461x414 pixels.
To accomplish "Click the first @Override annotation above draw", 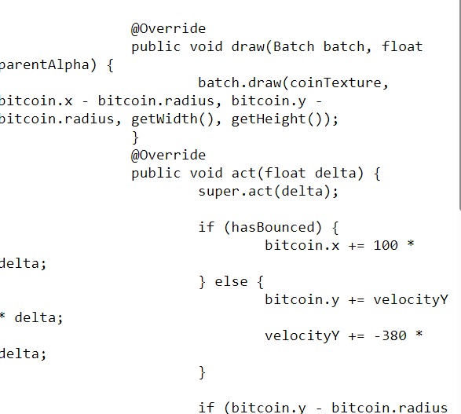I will pos(168,29).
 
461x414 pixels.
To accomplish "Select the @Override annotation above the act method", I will pos(168,155).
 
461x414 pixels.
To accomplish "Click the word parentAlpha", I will pos(46,65).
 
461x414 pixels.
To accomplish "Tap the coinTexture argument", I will pos(344,83).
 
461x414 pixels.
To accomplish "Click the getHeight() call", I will pos(282,119).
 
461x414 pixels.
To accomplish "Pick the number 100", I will pos(386,246).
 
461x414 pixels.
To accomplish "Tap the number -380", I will pos(390,335).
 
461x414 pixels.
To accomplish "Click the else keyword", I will pos(231,281).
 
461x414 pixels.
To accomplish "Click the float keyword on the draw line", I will pos(402,47).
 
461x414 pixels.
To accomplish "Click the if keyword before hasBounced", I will pos(206,228).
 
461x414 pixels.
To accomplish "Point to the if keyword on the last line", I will pos(206,407).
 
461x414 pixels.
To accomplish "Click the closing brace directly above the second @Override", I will pos(135,137).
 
